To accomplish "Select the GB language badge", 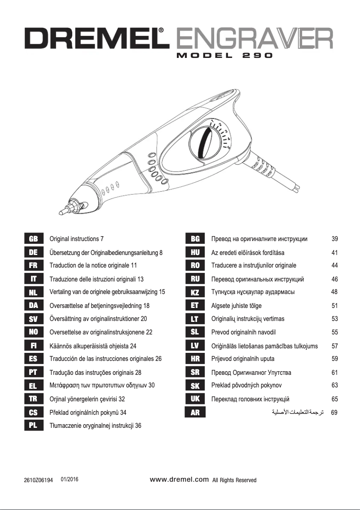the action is pyautogui.click(x=33, y=239).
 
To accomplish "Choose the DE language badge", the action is pyautogui.click(x=33, y=252).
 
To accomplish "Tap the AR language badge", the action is pyautogui.click(x=195, y=412).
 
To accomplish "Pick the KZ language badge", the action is pyautogui.click(x=195, y=292).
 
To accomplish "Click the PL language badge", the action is pyautogui.click(x=33, y=426).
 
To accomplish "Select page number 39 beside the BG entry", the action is pyautogui.click(x=334, y=239).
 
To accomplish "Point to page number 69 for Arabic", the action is pyautogui.click(x=334, y=412).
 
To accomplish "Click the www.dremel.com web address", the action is pyautogui.click(x=180, y=479).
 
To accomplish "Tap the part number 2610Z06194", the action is pyautogui.click(x=39, y=480).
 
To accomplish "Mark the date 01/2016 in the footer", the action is pyautogui.click(x=70, y=479).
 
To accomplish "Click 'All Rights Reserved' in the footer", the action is pyautogui.click(x=234, y=480).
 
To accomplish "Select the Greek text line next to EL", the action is pyautogui.click(x=102, y=385).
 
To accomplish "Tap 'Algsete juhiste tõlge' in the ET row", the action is pyautogui.click(x=237, y=306).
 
